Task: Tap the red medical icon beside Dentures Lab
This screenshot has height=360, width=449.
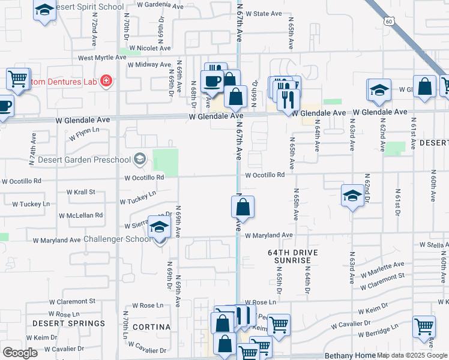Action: click(106, 80)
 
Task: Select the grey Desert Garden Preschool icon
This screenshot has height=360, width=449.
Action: click(140, 159)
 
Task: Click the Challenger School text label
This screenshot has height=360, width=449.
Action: click(117, 239)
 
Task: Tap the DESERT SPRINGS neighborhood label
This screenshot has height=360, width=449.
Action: click(68, 323)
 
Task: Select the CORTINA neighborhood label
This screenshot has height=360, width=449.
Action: click(151, 327)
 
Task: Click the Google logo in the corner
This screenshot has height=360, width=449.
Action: click(20, 352)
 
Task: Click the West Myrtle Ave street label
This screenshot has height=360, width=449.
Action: click(102, 58)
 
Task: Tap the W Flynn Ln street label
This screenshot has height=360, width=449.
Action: click(84, 133)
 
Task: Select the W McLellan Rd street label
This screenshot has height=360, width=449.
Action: click(80, 215)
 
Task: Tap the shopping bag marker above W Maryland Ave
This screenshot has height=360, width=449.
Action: click(243, 208)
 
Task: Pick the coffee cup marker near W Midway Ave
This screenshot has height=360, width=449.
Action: click(211, 81)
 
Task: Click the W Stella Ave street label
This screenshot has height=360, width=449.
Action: click(433, 245)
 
